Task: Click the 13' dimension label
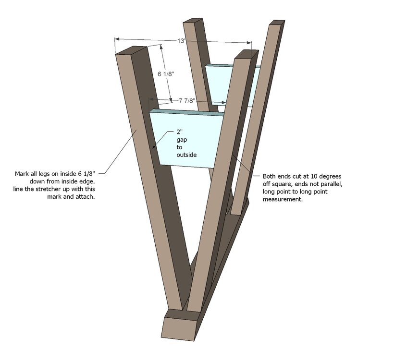pos(181,41)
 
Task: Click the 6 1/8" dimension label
pos(166,74)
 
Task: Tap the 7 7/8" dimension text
pos(186,101)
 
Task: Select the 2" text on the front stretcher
pos(179,132)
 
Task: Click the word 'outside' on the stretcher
pos(186,155)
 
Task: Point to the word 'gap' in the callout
pos(182,140)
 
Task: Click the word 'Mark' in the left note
pos(22,173)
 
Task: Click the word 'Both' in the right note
pos(269,176)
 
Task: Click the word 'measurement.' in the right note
pos(283,199)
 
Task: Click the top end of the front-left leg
pos(131,50)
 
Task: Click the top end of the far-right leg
pos(277,23)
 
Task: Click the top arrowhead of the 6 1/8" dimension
pos(161,47)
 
